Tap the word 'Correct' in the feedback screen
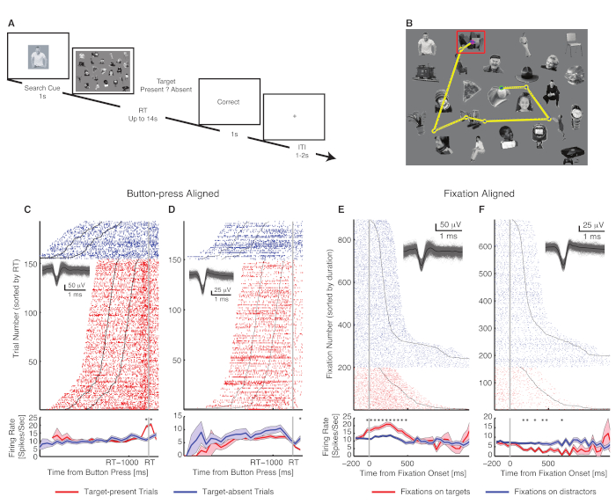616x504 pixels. point(230,102)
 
